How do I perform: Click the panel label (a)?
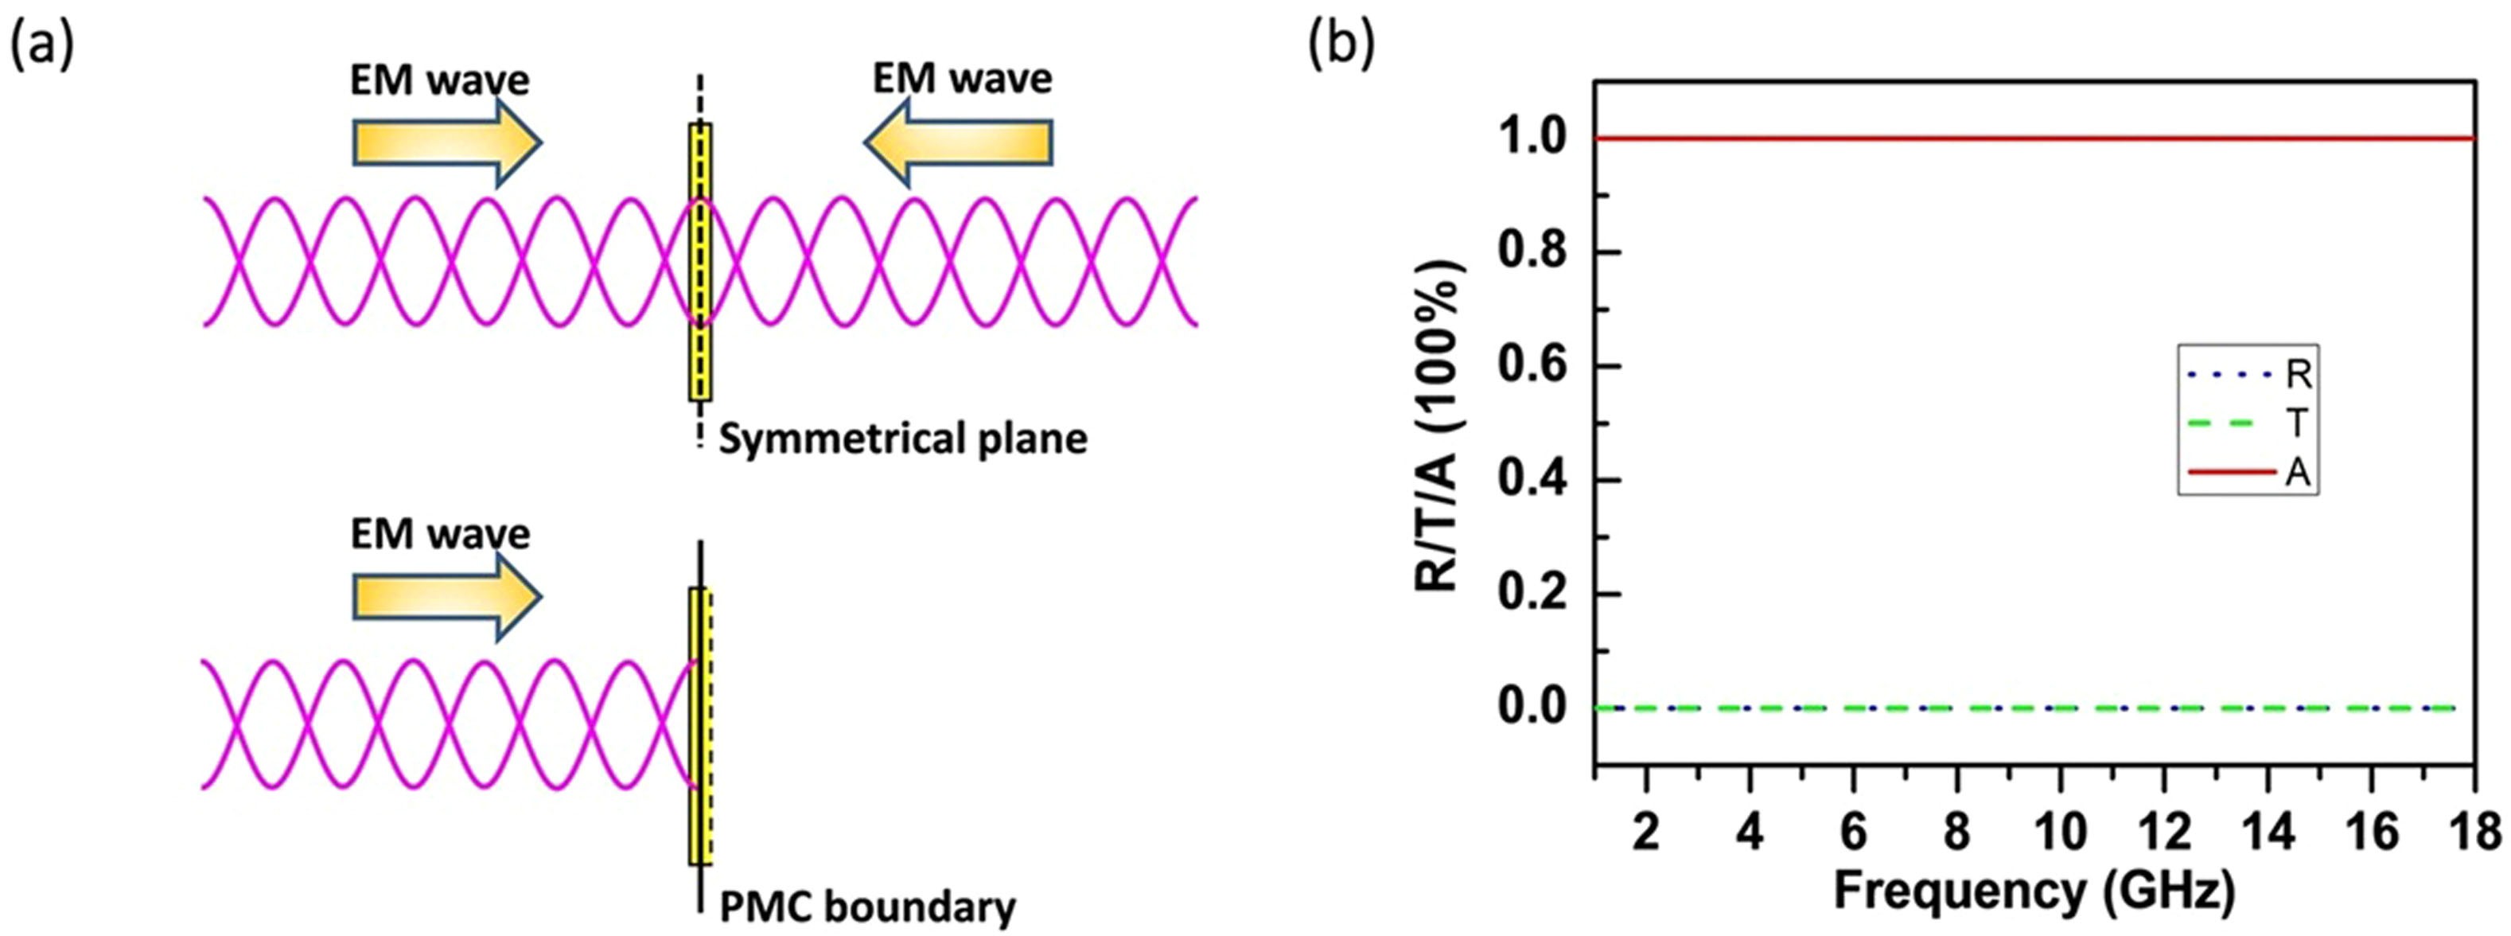coord(41,49)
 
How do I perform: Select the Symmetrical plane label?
coord(902,439)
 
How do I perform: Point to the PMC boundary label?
coord(867,907)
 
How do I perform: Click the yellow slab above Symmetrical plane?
coord(700,261)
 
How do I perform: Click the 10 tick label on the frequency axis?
coord(2061,833)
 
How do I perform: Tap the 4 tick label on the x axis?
coord(1750,833)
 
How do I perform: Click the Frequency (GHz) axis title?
coord(2034,890)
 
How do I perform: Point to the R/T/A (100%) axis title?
coord(1438,425)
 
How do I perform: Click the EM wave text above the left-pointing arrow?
coord(962,78)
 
